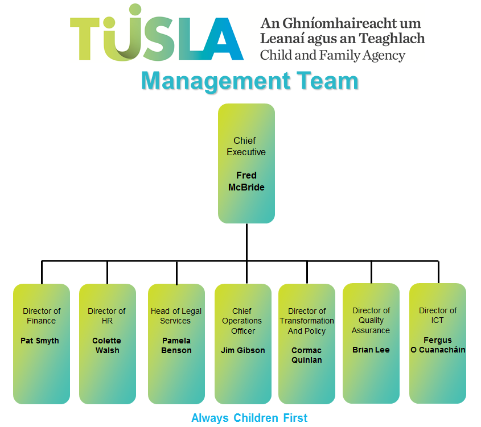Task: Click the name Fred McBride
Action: [x=246, y=181]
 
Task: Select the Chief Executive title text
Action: [x=246, y=146]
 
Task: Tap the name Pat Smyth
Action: [x=40, y=341]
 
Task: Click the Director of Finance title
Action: [x=42, y=316]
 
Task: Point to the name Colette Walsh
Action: [x=107, y=346]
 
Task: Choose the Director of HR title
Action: [x=106, y=316]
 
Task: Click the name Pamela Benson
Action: [x=176, y=346]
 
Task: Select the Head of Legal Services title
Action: [x=176, y=316]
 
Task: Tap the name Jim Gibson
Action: [x=243, y=350]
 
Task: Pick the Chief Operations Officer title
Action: [x=242, y=321]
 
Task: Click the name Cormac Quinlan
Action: [x=307, y=355]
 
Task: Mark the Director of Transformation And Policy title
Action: [x=307, y=321]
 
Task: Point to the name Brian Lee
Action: [x=371, y=350]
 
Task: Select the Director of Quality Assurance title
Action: [x=371, y=320]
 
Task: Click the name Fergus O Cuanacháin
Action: [x=438, y=345]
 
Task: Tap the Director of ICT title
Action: [x=438, y=315]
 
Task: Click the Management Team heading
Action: [x=249, y=81]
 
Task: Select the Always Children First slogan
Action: [x=249, y=418]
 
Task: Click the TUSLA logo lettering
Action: [x=157, y=39]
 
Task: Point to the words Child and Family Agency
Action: [x=332, y=56]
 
